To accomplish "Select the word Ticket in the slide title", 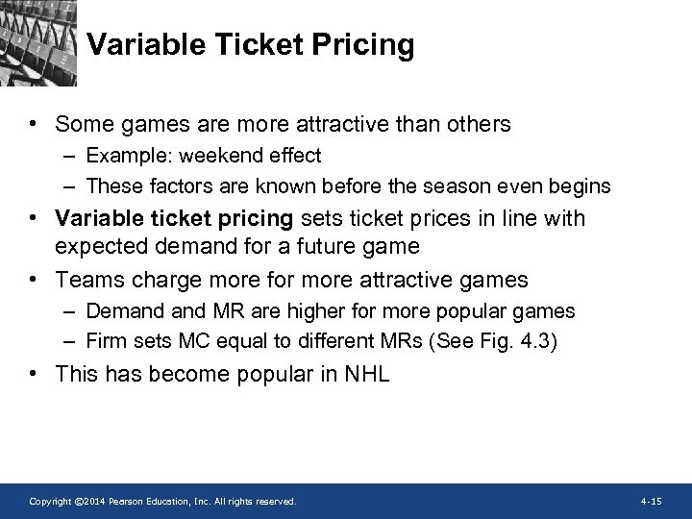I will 260,45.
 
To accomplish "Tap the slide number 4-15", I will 651,502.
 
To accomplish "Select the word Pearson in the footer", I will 124,502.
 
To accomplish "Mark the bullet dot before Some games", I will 33,125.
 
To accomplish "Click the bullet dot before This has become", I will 33,374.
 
